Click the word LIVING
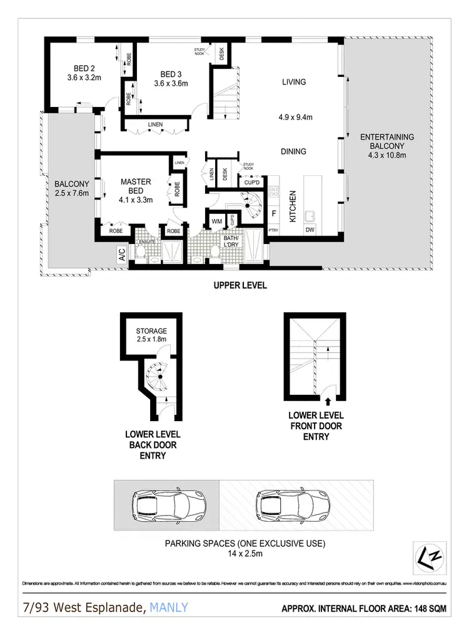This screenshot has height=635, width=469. (x=293, y=82)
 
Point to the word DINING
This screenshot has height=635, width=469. (x=293, y=151)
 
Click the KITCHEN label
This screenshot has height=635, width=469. (x=292, y=206)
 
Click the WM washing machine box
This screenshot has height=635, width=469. (x=216, y=221)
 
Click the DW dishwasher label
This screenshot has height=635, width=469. (x=310, y=231)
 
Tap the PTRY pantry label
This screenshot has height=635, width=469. (x=273, y=231)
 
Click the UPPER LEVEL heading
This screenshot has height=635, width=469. (x=240, y=285)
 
